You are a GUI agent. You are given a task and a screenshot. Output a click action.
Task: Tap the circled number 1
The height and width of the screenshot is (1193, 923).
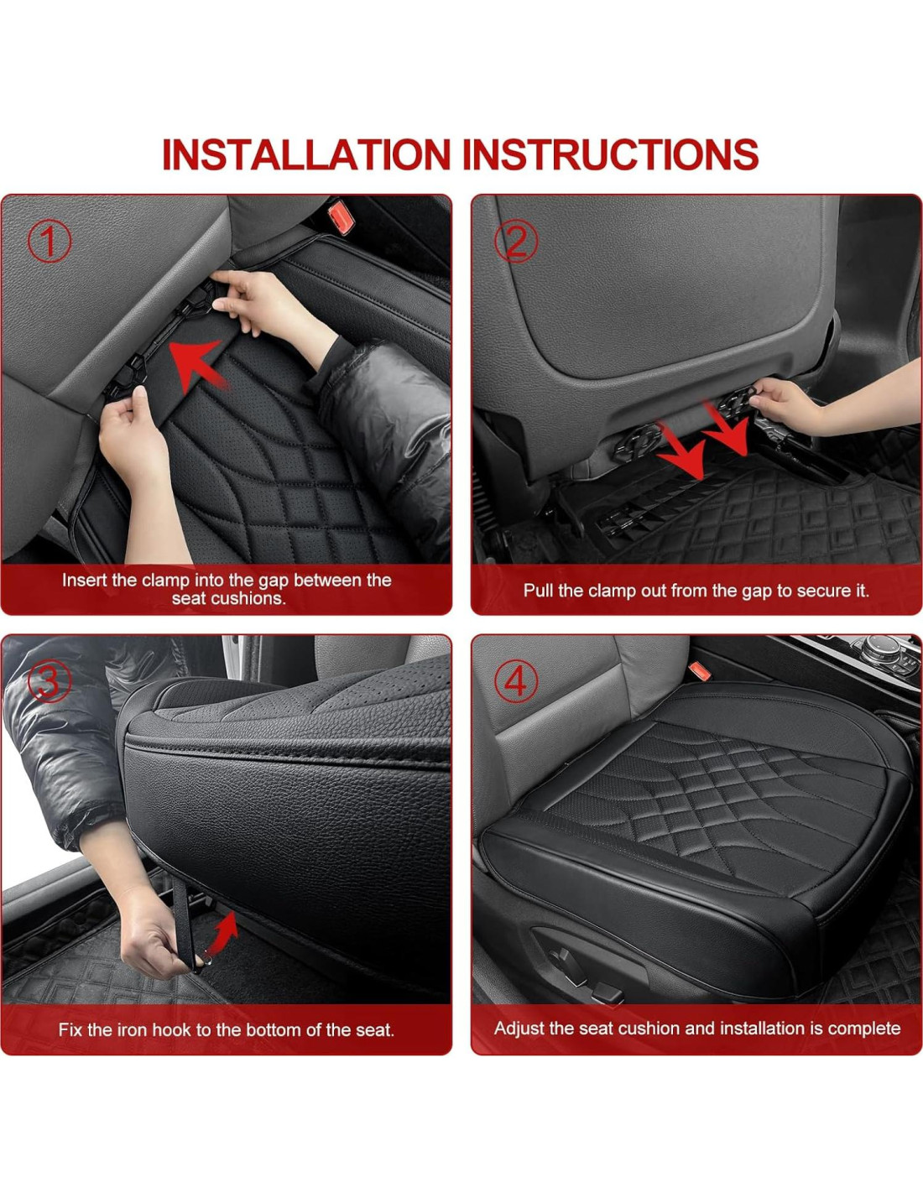tap(50, 241)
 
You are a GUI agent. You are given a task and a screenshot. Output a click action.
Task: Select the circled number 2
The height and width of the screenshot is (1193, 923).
tap(515, 241)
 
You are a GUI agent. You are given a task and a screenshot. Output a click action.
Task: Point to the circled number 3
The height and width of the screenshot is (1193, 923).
tap(50, 682)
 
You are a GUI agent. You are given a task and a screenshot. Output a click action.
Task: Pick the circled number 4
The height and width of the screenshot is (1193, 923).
tap(515, 682)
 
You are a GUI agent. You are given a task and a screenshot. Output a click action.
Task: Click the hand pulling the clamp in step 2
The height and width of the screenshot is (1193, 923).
tap(786, 405)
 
